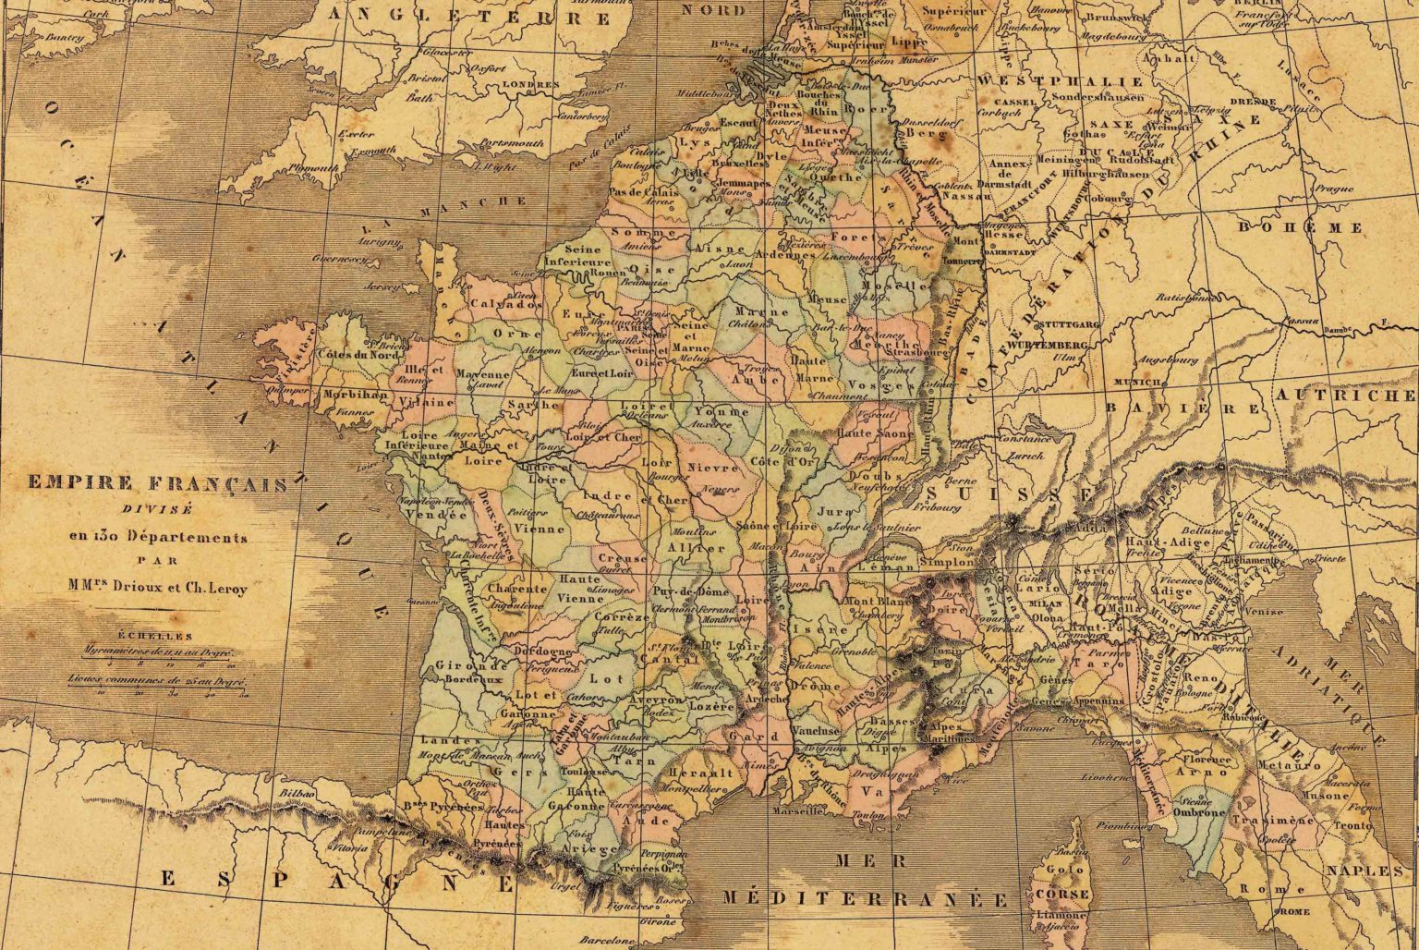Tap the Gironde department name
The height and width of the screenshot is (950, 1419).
click(x=454, y=664)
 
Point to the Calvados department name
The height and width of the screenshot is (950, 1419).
click(x=505, y=304)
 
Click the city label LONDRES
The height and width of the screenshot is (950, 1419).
click(x=529, y=83)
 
